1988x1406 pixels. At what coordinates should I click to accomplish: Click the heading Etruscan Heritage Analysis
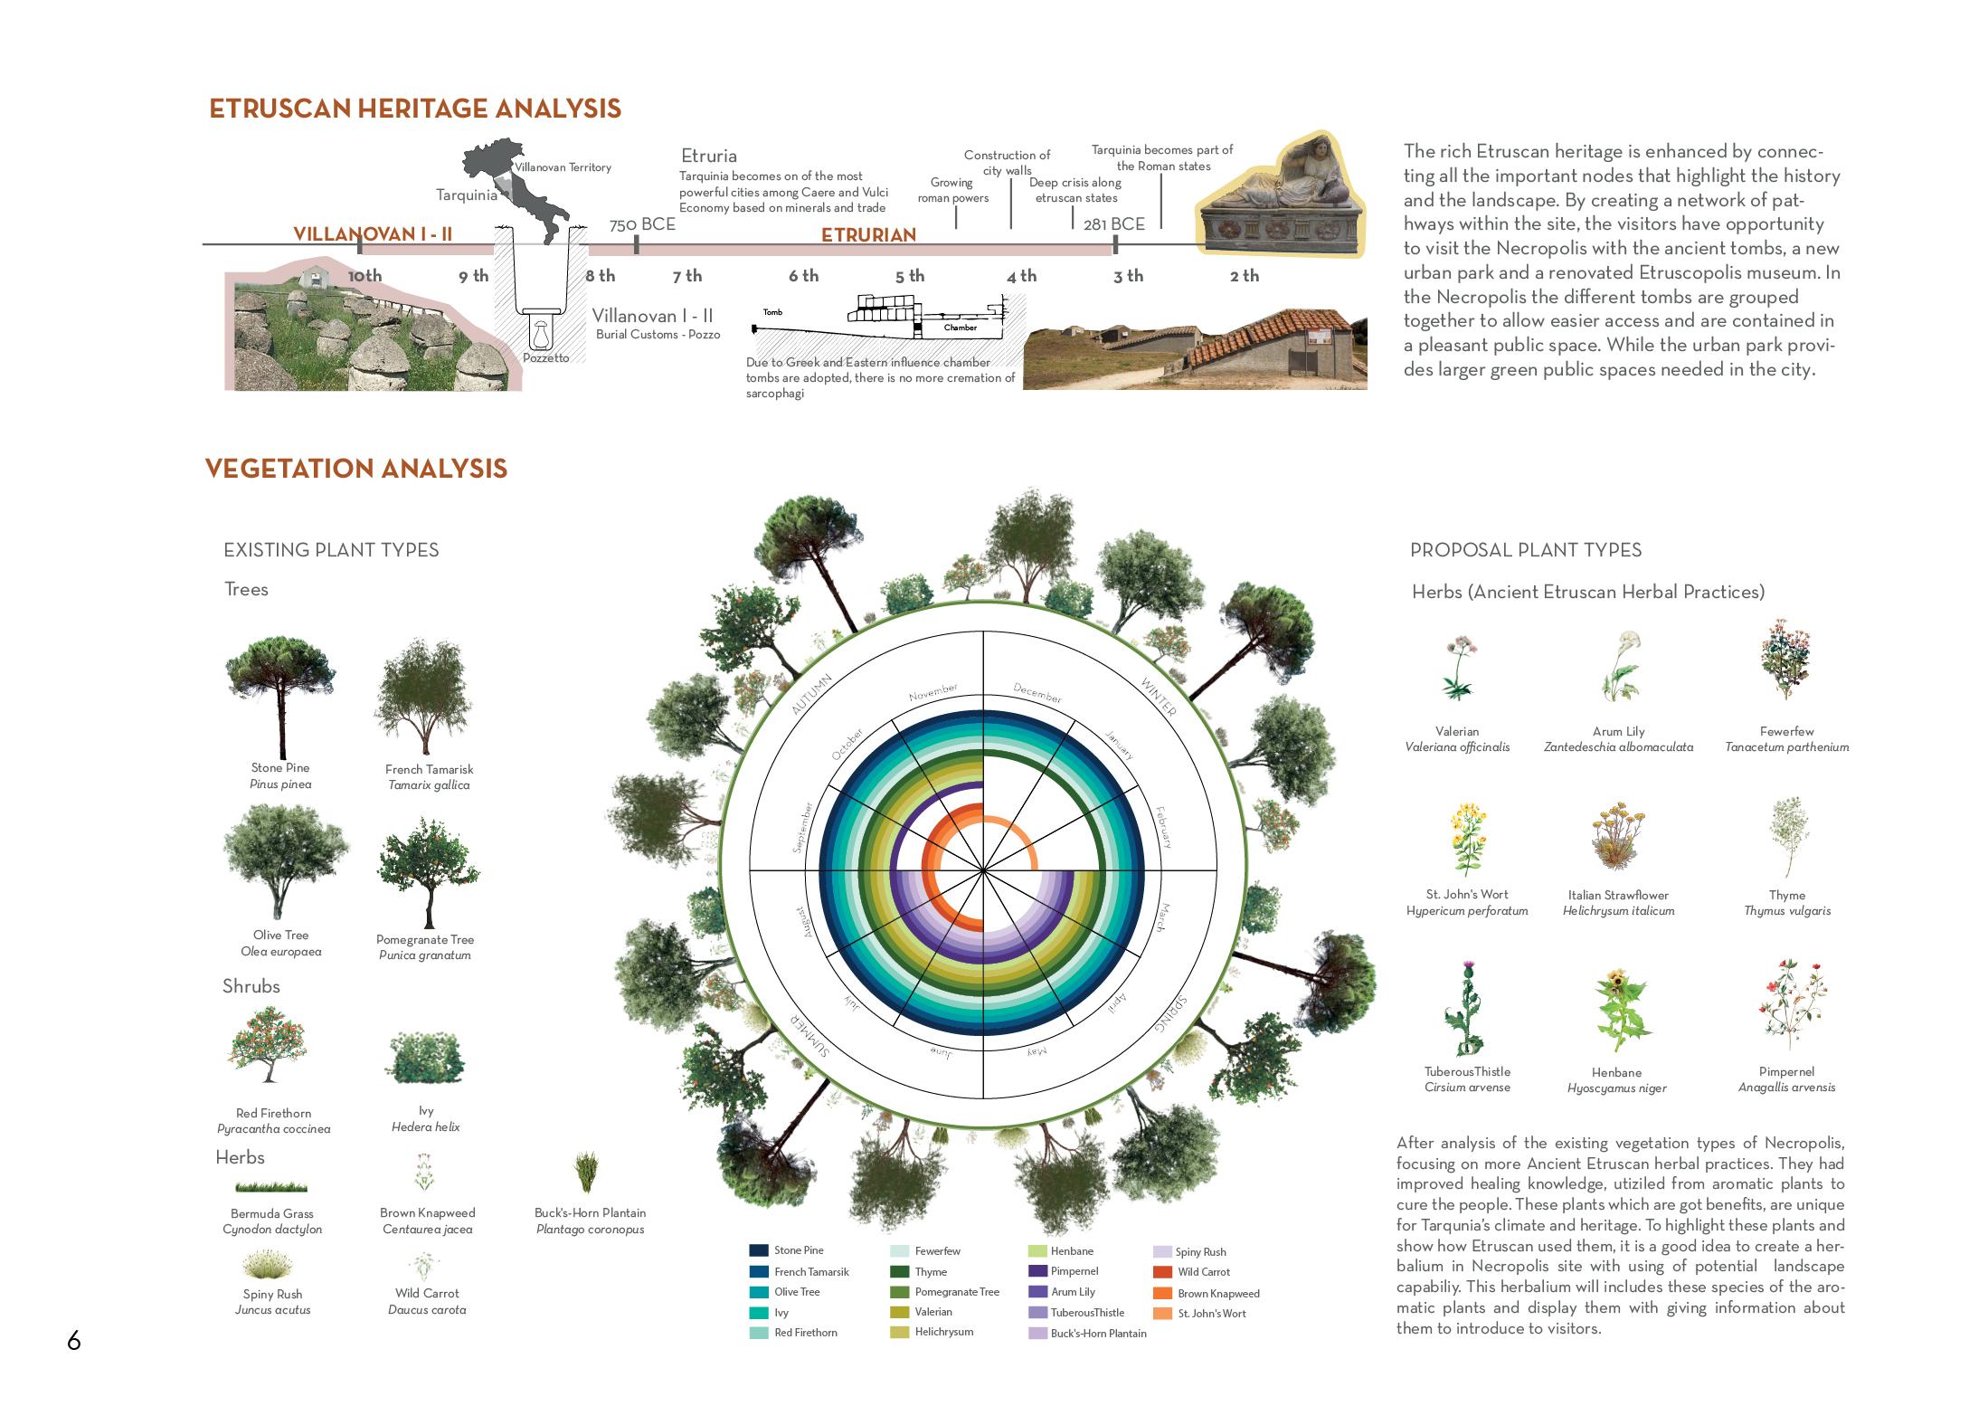tap(415, 109)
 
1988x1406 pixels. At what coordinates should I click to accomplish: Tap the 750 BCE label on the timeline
tap(642, 224)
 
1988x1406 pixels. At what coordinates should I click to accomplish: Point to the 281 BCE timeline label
tap(1114, 223)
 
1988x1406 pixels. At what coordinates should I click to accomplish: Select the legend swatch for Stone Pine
tap(758, 1250)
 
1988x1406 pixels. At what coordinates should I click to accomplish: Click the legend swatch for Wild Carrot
tap(1162, 1272)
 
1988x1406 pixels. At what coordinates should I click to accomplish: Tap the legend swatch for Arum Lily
tap(1037, 1292)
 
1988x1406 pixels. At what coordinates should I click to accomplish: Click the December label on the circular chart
tap(1037, 694)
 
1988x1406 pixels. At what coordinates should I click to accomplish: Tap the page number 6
tap(74, 1341)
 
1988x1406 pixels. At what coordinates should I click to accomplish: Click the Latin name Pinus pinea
tap(280, 784)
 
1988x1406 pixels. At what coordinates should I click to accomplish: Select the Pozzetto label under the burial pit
tap(546, 358)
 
